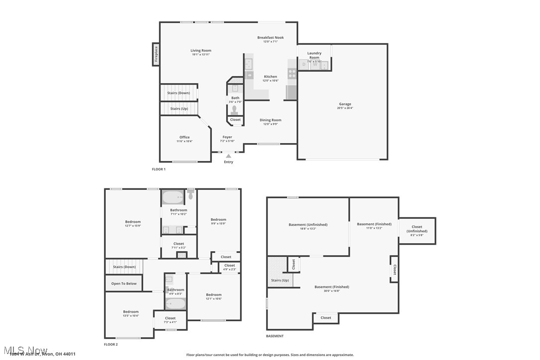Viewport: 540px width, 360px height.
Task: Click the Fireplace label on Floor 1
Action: [156, 54]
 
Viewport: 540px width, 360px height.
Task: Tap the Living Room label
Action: [201, 51]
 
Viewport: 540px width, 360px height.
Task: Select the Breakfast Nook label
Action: [270, 38]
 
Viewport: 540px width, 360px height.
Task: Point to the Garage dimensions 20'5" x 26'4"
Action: [345, 108]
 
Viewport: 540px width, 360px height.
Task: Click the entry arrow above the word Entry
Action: [229, 156]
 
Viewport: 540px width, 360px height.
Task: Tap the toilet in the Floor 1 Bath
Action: [235, 109]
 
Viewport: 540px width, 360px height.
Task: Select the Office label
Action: [184, 137]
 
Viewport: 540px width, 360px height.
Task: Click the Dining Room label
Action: [270, 120]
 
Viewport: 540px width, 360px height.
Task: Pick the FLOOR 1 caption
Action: [159, 169]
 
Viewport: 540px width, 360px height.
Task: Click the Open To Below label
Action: [124, 283]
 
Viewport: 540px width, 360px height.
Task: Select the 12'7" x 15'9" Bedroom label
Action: [133, 222]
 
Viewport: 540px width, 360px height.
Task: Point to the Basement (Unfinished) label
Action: [308, 225]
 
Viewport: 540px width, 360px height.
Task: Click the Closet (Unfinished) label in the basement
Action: [417, 229]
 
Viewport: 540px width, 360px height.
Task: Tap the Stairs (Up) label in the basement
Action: [279, 280]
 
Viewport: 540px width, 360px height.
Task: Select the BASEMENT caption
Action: [274, 336]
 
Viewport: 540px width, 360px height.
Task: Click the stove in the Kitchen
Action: [292, 74]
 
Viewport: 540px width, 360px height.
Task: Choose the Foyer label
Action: [227, 137]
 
